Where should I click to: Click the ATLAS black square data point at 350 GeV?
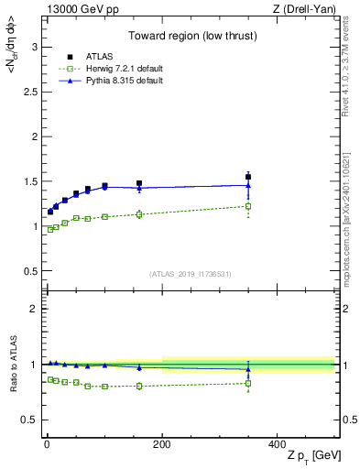pyautogui.click(x=248, y=177)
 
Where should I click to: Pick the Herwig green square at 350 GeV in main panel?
pyautogui.click(x=248, y=206)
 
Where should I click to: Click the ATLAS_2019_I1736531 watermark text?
pyautogui.click(x=190, y=274)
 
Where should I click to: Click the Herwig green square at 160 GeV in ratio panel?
pyautogui.click(x=139, y=386)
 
